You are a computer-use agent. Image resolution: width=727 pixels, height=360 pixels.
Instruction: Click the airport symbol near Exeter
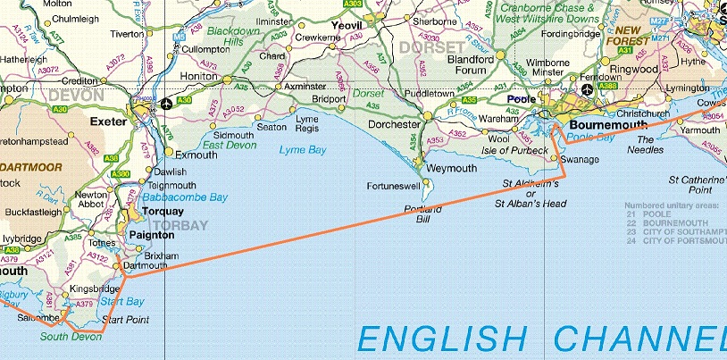point(168,105)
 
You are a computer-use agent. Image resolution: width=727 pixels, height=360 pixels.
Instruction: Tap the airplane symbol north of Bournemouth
point(586,90)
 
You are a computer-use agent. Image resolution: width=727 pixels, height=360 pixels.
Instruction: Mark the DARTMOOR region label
point(29,166)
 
